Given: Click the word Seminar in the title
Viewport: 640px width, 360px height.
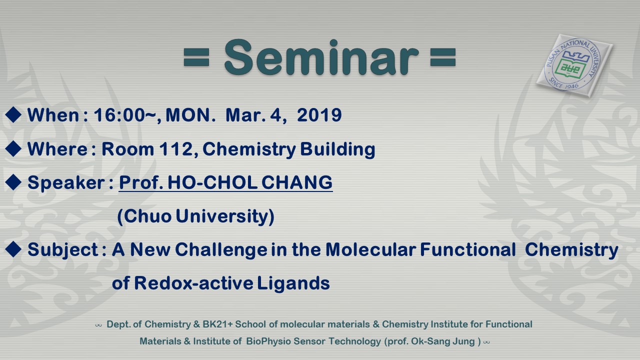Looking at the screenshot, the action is (321, 57).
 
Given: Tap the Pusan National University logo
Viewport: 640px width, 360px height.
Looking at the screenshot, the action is (574, 65).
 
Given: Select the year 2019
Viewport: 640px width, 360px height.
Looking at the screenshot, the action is (319, 115).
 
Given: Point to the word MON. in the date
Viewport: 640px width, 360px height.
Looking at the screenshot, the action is (190, 115).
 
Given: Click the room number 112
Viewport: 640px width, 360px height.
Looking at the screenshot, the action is (176, 149).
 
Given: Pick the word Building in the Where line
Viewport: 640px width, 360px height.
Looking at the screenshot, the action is (337, 149).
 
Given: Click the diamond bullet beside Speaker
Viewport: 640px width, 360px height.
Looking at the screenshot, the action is (13, 182).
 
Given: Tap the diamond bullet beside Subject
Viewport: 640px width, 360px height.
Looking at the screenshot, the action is (13, 249).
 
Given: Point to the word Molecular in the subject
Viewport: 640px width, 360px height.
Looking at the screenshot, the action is (370, 249).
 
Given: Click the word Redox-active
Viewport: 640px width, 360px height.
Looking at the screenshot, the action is (193, 283).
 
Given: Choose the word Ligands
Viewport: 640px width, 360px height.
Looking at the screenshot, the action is (293, 283).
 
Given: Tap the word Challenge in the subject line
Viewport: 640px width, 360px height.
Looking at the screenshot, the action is (221, 250).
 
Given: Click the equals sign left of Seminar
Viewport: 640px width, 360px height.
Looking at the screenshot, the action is (196, 57).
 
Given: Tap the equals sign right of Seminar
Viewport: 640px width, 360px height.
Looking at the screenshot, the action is (442, 57).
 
